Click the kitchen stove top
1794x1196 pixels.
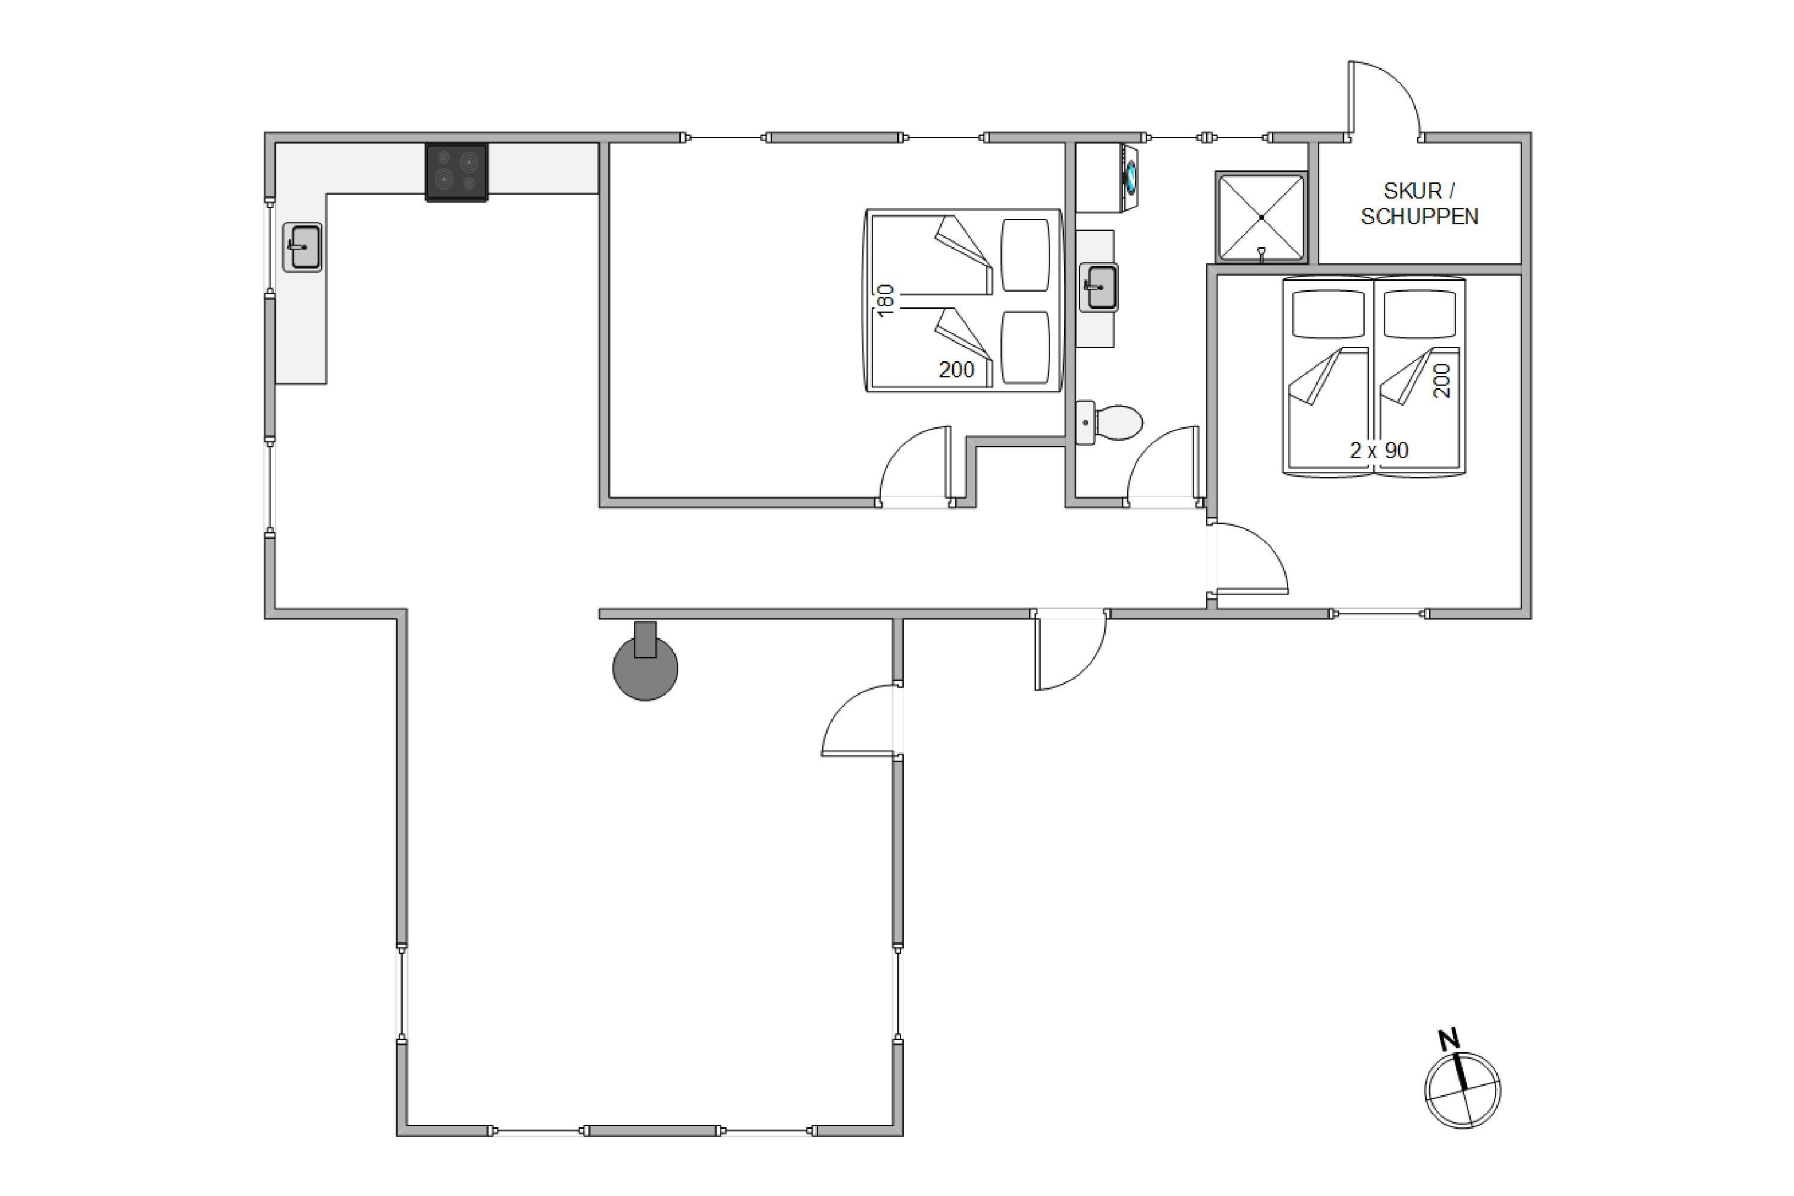tap(456, 172)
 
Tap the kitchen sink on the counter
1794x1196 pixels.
tap(302, 247)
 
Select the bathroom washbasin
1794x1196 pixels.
tap(1099, 288)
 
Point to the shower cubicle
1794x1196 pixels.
tap(1262, 218)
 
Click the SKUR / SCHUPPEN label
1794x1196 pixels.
tap(1420, 204)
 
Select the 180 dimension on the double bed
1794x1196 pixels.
tap(885, 301)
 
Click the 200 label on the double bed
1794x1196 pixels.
tap(956, 370)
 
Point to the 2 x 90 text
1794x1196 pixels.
tap(1379, 451)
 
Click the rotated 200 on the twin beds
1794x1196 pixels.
tap(1442, 380)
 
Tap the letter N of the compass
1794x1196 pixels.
tap(1448, 1040)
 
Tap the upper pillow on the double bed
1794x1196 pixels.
tap(1025, 255)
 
